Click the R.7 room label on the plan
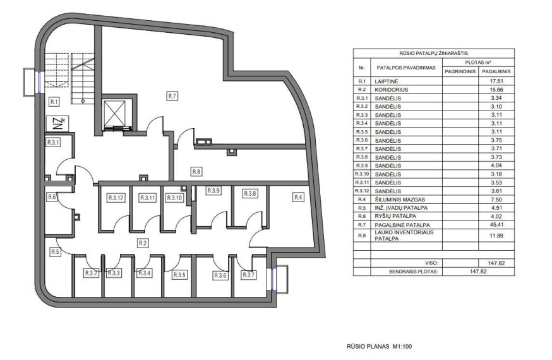pos(172,96)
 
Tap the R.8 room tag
pos(196,172)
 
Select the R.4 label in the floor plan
pos(298,198)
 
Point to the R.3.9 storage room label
pos(213,191)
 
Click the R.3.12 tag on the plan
pos(116,198)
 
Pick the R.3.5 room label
pos(179,275)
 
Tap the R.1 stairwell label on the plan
pos(54,102)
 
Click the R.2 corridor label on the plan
pos(143,243)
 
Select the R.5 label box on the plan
pos(55,252)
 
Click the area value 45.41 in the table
pos(496,224)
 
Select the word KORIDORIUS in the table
pos(392,90)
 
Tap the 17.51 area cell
pos(496,81)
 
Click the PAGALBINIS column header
pos(496,71)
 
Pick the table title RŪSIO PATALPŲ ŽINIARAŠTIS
pos(433,53)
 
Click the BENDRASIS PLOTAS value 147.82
pos(478,272)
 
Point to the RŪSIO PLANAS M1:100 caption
pos(379,346)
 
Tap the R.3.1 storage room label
pos(54,143)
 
